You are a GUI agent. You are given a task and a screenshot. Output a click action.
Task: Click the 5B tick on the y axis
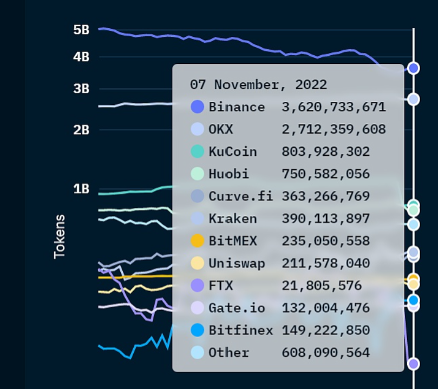[81, 30]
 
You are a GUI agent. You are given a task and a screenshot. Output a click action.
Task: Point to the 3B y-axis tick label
[81, 89]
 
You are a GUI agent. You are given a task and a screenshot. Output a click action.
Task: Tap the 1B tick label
[81, 189]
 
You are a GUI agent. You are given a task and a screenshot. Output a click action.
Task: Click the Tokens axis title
[60, 236]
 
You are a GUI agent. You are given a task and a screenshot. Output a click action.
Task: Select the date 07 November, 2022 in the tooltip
[258, 85]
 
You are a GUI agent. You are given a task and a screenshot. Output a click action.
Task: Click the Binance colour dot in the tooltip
[198, 107]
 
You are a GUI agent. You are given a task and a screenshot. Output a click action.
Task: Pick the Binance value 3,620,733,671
[334, 107]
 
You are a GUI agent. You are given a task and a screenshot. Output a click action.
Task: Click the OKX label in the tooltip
[221, 129]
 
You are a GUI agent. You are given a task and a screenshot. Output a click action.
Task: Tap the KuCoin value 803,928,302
[325, 151]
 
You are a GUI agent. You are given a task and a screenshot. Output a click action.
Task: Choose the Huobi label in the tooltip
[229, 174]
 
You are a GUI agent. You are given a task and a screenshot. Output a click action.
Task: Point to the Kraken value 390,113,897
[325, 219]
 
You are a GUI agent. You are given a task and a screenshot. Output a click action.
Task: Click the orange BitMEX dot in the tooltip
[198, 241]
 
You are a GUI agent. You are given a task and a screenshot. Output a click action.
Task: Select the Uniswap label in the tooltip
[237, 263]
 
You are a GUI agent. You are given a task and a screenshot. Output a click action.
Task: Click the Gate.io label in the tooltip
[237, 308]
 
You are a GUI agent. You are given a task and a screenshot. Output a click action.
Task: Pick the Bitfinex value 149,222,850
[325, 330]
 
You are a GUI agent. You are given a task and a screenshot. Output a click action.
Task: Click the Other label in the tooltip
[229, 353]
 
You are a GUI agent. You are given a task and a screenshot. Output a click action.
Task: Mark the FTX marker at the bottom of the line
[413, 364]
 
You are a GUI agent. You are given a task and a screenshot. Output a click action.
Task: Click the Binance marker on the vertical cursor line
[413, 68]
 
